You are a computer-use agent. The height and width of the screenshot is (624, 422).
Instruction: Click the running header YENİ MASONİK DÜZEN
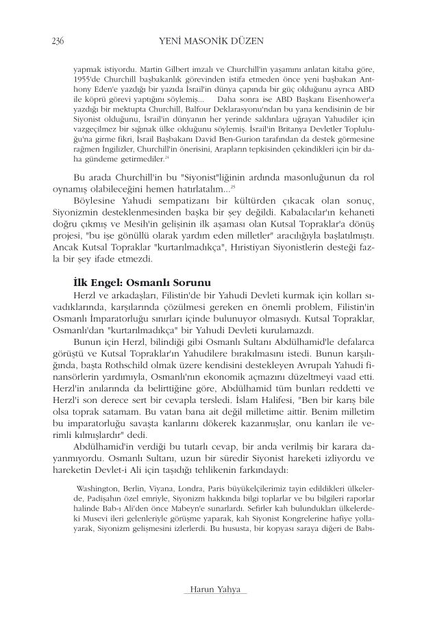click(210, 42)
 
